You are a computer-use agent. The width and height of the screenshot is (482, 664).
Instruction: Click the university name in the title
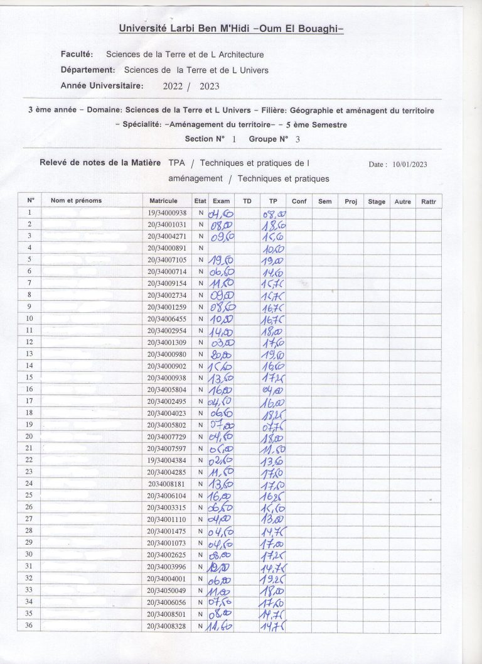click(231, 28)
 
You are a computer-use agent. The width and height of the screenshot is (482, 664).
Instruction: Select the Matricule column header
click(164, 200)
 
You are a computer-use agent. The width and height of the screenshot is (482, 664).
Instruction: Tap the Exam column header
click(221, 201)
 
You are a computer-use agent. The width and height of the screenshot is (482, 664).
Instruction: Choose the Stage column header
click(377, 201)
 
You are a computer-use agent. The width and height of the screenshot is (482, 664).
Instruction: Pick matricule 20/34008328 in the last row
click(166, 626)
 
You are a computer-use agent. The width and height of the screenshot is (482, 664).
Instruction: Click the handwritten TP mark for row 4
click(273, 249)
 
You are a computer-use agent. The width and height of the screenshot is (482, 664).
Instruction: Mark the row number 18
click(29, 413)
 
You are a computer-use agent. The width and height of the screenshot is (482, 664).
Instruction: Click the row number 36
click(29, 626)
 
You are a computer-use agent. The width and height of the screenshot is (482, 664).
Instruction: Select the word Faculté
click(77, 55)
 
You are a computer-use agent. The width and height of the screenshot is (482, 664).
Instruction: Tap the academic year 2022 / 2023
click(191, 86)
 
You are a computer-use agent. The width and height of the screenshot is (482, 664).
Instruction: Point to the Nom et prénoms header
click(76, 200)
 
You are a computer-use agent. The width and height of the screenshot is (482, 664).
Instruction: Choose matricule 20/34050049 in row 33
click(166, 591)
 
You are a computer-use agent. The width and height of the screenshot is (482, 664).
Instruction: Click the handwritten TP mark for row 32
click(274, 579)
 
